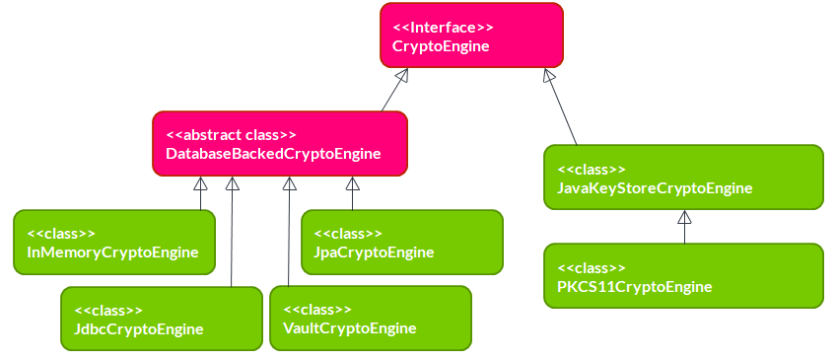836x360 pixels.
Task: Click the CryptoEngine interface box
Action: pyautogui.click(x=471, y=35)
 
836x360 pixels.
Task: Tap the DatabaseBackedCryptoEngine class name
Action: pyautogui.click(x=273, y=154)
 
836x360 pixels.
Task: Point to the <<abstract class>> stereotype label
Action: pyautogui.click(x=231, y=134)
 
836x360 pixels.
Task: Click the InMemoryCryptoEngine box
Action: pyautogui.click(x=113, y=242)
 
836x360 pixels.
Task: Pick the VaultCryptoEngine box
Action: pyautogui.click(x=371, y=318)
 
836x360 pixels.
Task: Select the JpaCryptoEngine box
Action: pyautogui.click(x=401, y=242)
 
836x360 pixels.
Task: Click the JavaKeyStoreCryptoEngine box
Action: pyautogui.click(x=683, y=178)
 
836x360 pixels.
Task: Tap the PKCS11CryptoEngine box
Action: pyautogui.click(x=683, y=276)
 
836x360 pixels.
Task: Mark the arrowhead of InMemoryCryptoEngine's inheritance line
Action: pyautogui.click(x=200, y=184)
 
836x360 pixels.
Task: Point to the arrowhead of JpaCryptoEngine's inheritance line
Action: pyautogui.click(x=352, y=184)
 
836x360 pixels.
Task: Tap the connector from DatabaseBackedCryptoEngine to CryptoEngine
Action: pyautogui.click(x=390, y=95)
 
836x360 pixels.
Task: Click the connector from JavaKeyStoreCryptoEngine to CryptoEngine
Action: pyautogui.click(x=565, y=113)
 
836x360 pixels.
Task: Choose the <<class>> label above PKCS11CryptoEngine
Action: pyautogui.click(x=592, y=267)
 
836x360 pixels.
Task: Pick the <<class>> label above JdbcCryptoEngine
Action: pyautogui.click(x=108, y=310)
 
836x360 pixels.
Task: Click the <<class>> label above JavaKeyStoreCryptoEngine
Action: pyautogui.click(x=592, y=169)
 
